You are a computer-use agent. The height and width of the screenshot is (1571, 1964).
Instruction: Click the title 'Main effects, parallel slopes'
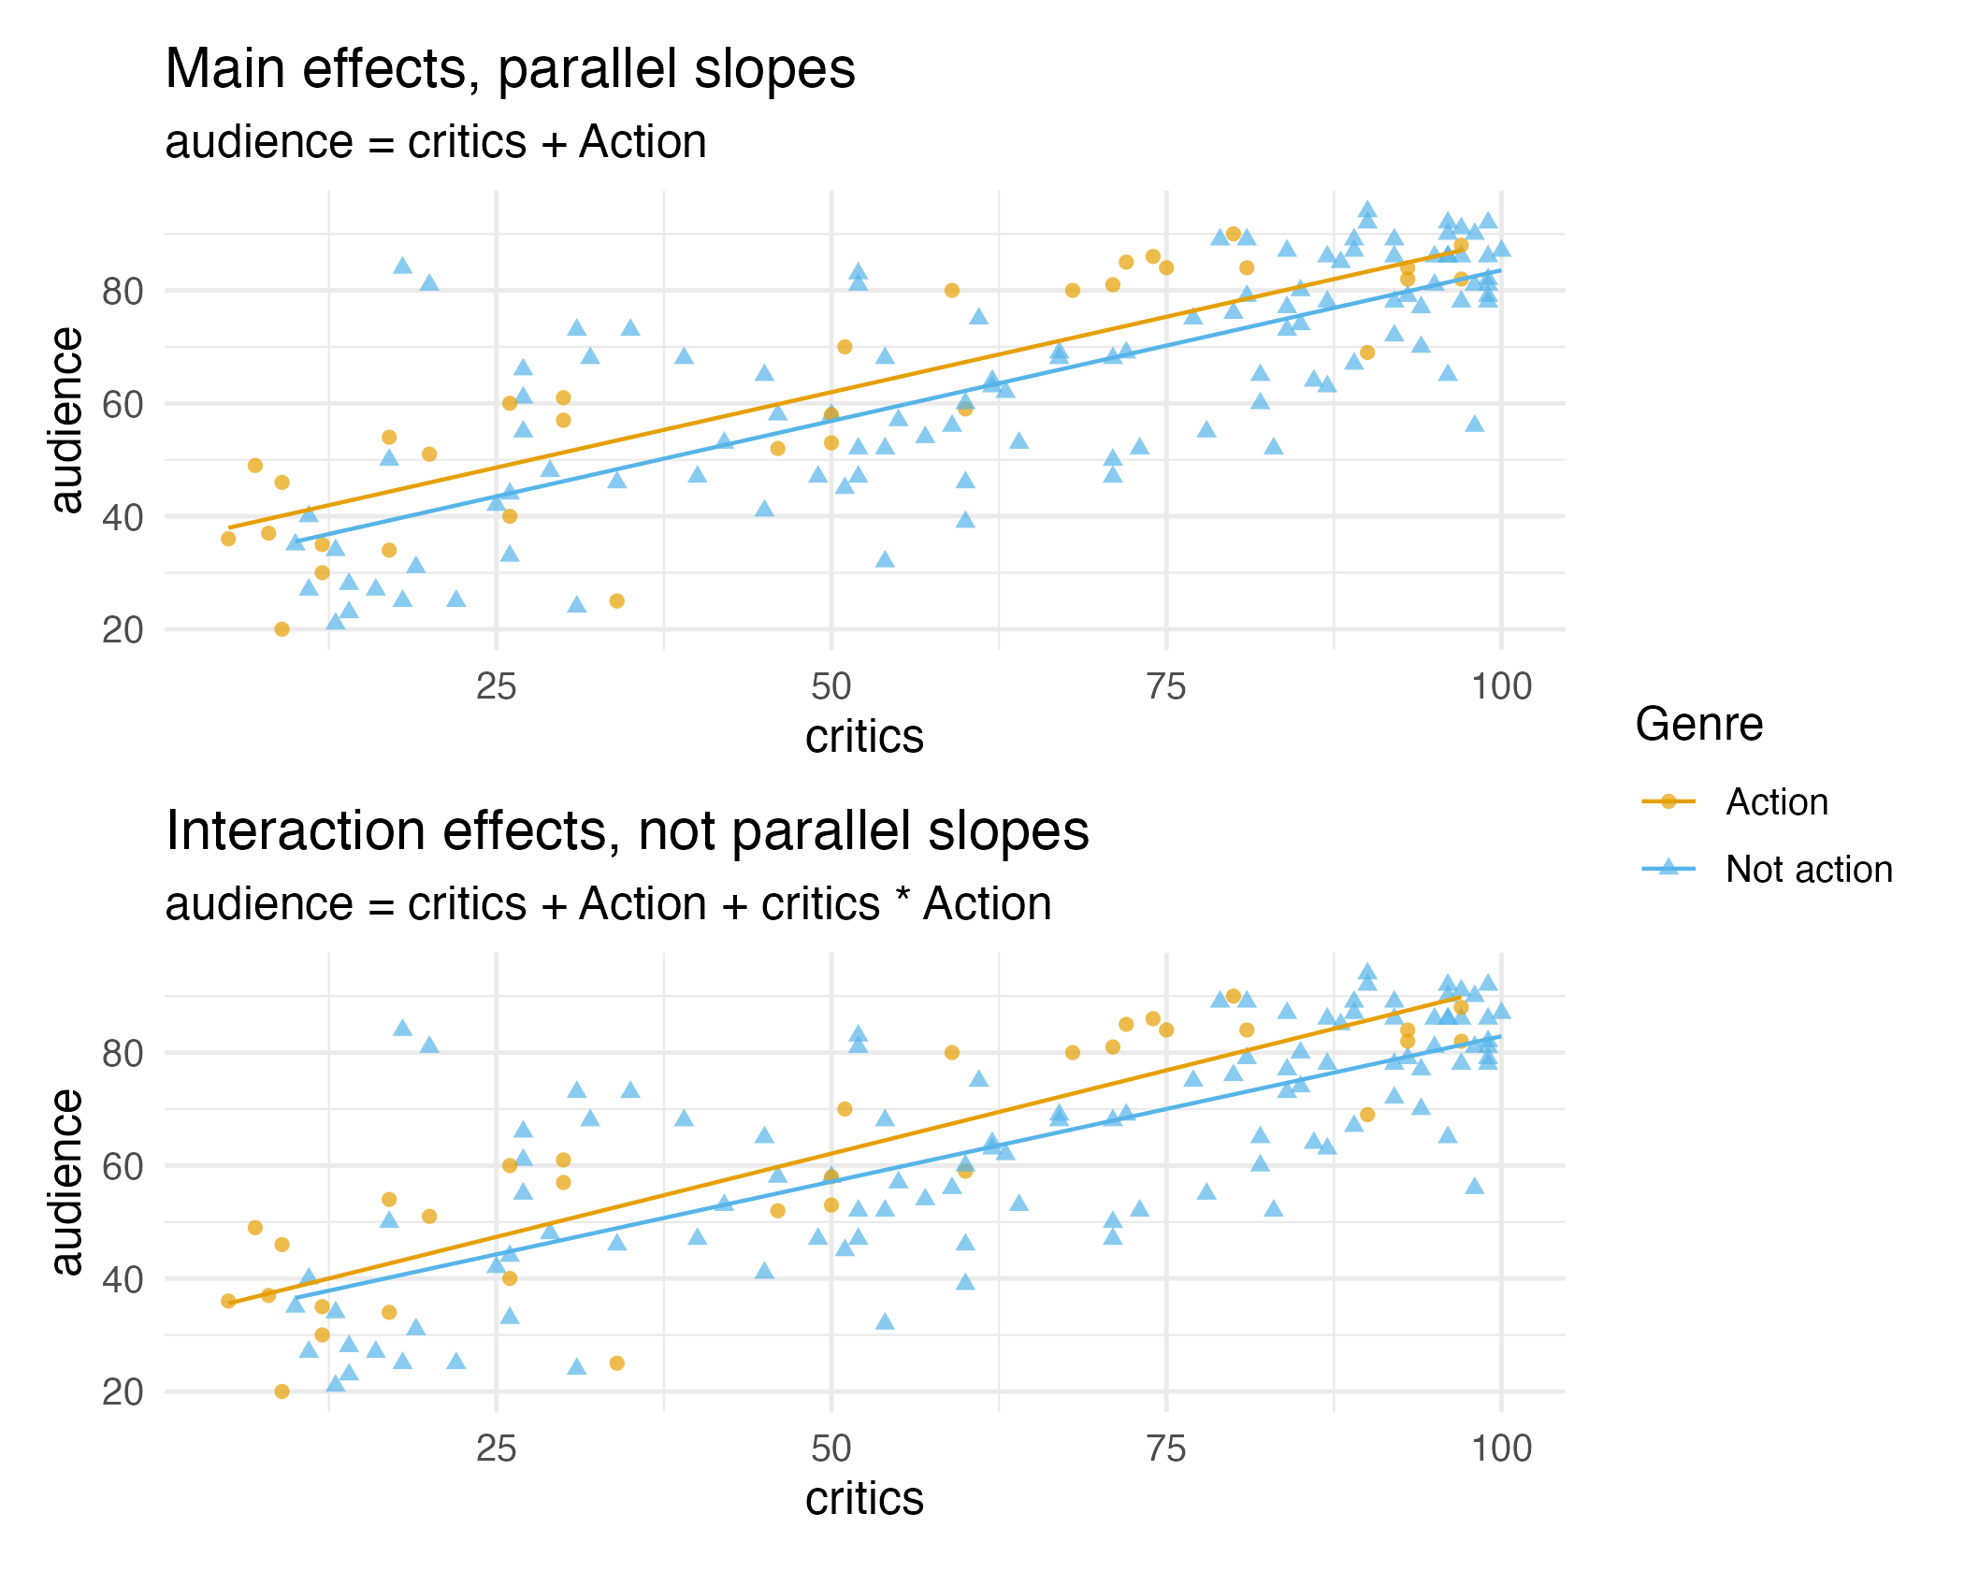[x=510, y=69]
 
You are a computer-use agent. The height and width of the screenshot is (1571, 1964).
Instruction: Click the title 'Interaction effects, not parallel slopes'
[x=627, y=831]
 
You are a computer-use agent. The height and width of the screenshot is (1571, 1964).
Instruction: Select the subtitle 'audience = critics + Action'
[x=435, y=143]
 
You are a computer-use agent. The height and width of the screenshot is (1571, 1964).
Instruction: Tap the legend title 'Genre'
[x=1698, y=725]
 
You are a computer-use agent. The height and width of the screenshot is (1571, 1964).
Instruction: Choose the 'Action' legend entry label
[x=1776, y=802]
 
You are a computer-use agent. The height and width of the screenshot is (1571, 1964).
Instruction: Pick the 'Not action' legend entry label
[x=1809, y=870]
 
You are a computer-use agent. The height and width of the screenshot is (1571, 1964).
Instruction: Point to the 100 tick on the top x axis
[x=1501, y=687]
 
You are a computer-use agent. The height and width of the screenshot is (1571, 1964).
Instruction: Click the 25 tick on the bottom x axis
[x=496, y=1449]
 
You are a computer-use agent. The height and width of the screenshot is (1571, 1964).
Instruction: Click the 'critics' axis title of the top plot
[x=864, y=738]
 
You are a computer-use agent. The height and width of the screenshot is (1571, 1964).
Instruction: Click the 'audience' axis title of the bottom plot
[x=67, y=1183]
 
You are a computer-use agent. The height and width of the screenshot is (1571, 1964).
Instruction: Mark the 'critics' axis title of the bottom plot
[x=864, y=1500]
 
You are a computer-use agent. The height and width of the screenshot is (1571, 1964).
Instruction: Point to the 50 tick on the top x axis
[x=830, y=687]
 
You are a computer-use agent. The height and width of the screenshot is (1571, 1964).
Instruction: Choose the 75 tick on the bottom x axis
[x=1166, y=1449]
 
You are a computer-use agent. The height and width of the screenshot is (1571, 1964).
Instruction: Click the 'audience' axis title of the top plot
[x=67, y=421]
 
